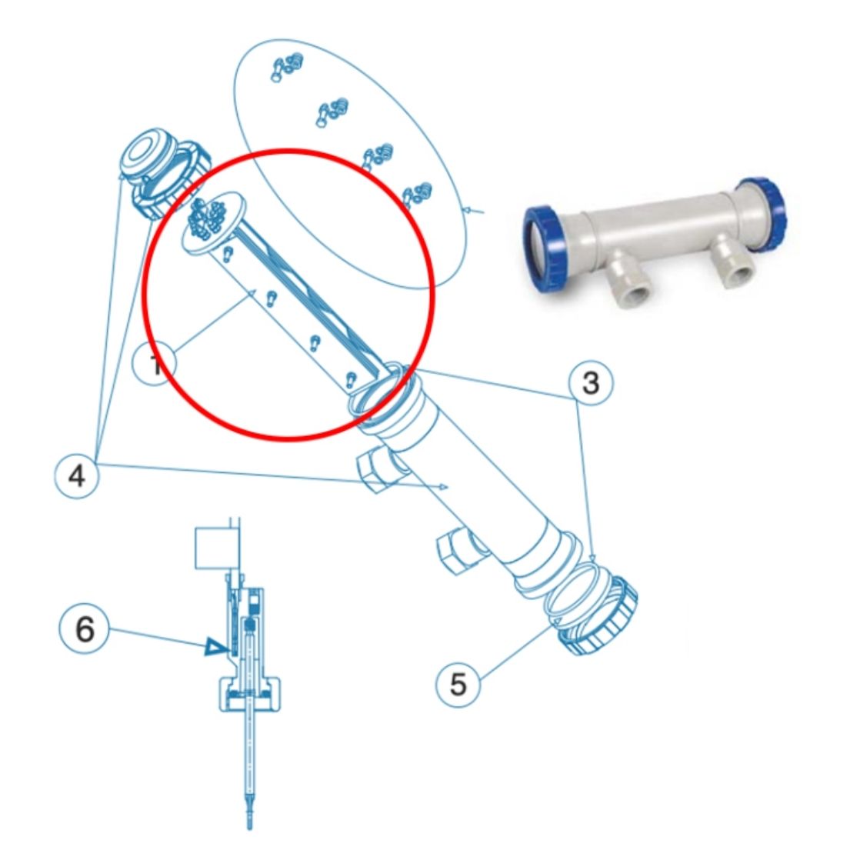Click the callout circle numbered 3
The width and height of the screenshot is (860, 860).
[x=590, y=382]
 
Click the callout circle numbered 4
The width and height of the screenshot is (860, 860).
[x=77, y=475]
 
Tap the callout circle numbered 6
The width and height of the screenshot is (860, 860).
[x=84, y=629]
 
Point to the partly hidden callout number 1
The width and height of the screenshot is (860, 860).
[x=155, y=365]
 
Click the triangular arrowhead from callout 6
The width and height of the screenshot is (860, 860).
[x=212, y=648]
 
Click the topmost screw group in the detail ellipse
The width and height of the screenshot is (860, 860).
[x=286, y=67]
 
